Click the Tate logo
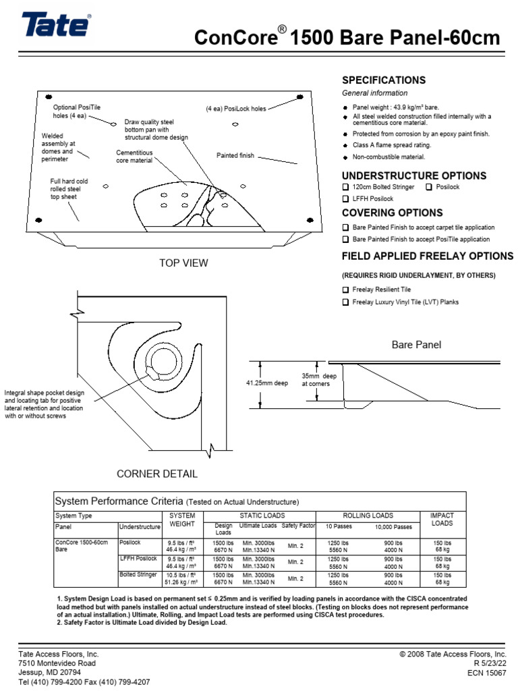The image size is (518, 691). point(56,26)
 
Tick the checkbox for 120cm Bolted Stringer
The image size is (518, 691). point(346,187)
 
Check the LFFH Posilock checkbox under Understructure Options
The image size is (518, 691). point(346,199)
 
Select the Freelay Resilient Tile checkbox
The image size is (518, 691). point(346,289)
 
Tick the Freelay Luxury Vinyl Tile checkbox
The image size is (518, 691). point(346,302)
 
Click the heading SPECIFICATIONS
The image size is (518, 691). point(384,80)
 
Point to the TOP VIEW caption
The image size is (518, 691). point(183,263)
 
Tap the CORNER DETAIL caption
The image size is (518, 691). point(157,474)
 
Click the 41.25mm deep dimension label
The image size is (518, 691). point(266,383)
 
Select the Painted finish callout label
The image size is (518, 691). point(235,156)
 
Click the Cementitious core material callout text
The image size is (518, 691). point(135,157)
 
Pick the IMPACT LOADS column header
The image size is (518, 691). point(442,519)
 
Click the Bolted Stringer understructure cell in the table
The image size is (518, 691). point(137,574)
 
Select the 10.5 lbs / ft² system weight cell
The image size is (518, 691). point(182,574)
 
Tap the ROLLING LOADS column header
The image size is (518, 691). point(368,516)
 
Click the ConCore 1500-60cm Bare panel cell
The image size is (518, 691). point(81,545)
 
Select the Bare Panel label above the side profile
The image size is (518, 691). point(416,345)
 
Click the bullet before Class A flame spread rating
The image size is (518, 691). point(345,146)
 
